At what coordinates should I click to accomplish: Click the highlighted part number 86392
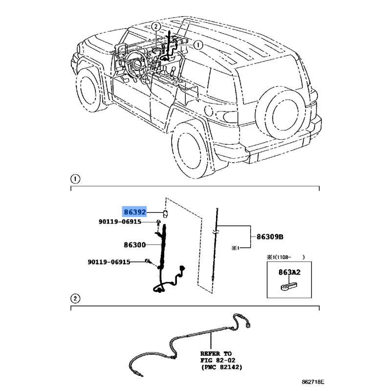point(135,212)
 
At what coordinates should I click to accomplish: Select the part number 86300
point(135,245)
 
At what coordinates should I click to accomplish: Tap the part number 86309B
point(270,237)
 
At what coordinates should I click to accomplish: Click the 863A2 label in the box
point(289,272)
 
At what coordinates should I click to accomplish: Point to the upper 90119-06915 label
point(120,221)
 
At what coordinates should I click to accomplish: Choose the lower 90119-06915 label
point(109,262)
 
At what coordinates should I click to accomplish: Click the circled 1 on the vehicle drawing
point(198,45)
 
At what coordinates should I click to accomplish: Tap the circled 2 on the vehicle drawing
point(156,27)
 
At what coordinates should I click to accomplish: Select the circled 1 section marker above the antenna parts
point(75,179)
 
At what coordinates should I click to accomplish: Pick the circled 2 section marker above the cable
point(75,299)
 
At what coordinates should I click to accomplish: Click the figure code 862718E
point(313,382)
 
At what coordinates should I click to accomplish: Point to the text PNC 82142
point(222,368)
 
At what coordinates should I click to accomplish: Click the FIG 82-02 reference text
point(217,360)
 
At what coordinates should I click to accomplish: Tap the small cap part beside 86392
point(165,213)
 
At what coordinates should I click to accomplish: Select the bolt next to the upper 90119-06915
point(158,223)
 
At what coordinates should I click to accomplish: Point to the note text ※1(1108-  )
point(286,257)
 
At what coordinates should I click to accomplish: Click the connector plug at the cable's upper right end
point(248,325)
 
